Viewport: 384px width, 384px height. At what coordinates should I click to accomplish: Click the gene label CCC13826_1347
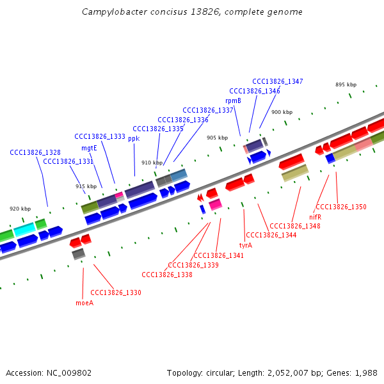[x=278, y=81]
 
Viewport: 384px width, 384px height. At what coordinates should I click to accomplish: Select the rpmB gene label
[x=233, y=100]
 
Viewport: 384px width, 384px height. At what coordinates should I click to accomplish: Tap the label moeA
[x=84, y=303]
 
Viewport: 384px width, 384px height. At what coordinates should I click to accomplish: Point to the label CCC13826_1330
[x=116, y=292]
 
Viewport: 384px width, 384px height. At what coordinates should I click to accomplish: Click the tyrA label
[x=246, y=245]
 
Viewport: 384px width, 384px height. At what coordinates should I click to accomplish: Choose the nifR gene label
[x=315, y=217]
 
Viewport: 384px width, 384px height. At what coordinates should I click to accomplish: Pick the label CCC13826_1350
[x=341, y=207]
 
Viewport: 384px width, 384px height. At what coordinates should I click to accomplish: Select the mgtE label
[x=89, y=148]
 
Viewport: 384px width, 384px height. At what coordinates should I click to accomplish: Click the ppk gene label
[x=134, y=138]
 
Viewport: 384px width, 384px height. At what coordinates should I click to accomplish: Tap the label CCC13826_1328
[x=35, y=152]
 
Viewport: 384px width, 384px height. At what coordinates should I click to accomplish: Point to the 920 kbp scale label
[x=20, y=209]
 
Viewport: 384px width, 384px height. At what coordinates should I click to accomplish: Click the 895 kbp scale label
[x=346, y=84]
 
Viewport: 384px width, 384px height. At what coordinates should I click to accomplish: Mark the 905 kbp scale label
[x=217, y=138]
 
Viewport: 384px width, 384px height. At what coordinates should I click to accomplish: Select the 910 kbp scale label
[x=152, y=163]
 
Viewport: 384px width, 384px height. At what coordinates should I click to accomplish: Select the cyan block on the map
[x=24, y=228]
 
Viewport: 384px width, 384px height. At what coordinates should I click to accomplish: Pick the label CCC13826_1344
[x=271, y=235]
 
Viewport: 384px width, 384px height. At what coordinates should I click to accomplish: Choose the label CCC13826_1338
[x=167, y=275]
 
